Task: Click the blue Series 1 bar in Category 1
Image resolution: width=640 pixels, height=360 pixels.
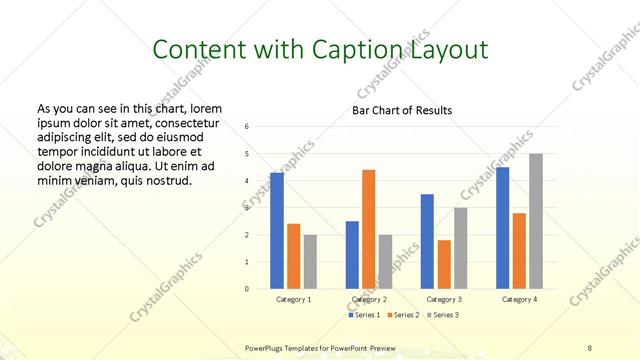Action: coord(277,231)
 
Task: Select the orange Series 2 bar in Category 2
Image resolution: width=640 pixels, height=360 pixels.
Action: coord(368,229)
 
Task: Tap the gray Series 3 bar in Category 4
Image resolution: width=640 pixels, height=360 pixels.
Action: coord(536,221)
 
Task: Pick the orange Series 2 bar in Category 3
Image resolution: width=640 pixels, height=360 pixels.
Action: coord(444,264)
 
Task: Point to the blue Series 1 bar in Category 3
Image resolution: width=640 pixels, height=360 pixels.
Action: coord(427,241)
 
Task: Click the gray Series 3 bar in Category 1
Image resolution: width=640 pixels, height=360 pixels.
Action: coord(311,262)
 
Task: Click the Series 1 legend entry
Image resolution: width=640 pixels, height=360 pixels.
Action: coord(364,315)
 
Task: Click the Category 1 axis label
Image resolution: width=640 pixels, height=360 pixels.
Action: coord(293,299)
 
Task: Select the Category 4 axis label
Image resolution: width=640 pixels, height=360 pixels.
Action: coord(519,299)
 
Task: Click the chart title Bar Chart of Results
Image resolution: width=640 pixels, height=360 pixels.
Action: coord(402,110)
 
